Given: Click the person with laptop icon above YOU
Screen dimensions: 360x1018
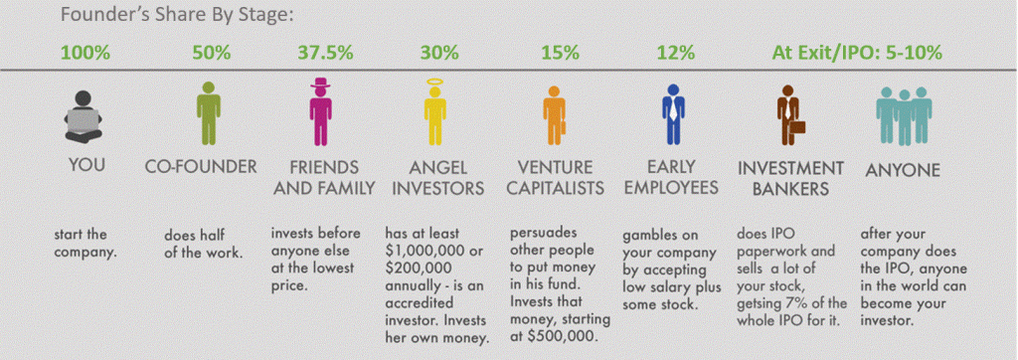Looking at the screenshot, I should [x=86, y=116].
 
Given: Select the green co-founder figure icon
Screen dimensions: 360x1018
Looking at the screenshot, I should [x=204, y=112].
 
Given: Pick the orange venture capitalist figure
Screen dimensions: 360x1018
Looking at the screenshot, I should [x=554, y=114].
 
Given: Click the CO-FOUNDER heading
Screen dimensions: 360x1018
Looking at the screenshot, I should [x=201, y=168].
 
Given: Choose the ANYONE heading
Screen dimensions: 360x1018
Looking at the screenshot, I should [x=902, y=170].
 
